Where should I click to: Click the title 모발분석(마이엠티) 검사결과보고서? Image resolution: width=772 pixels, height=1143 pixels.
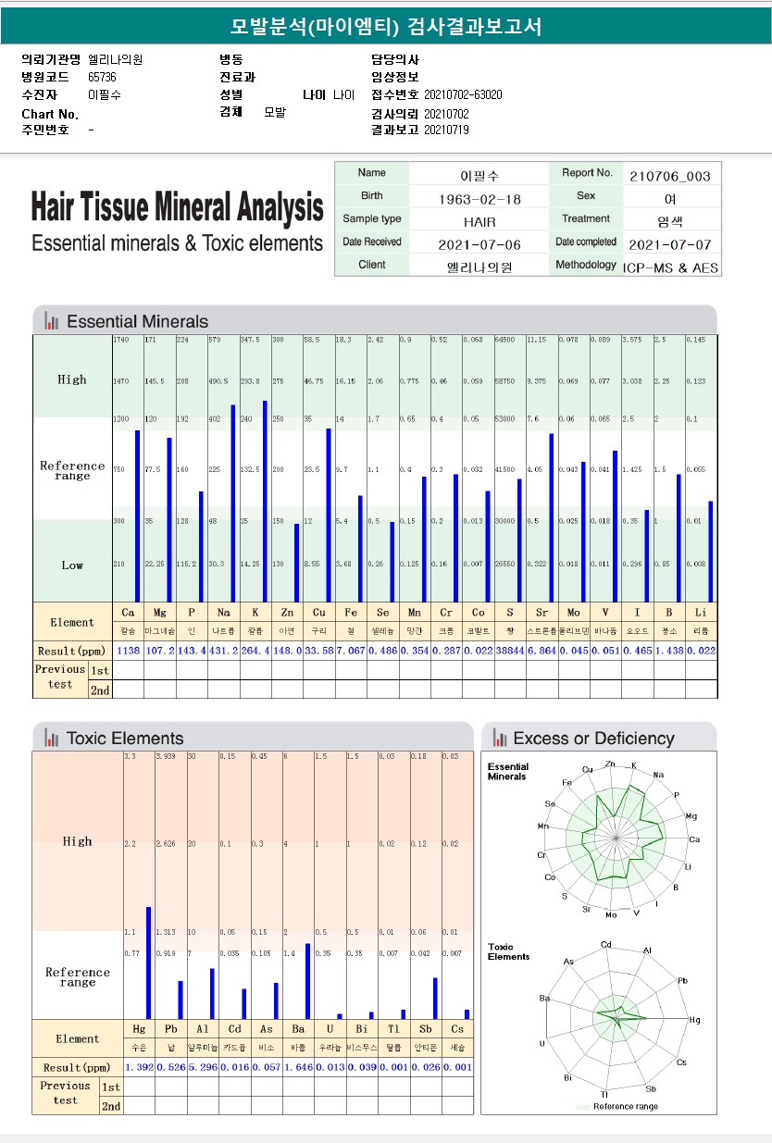[385, 27]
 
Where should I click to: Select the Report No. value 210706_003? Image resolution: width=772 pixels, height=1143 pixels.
[670, 175]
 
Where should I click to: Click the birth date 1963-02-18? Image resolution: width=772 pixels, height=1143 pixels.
[479, 199]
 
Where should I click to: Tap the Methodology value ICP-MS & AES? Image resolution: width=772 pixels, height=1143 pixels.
[670, 267]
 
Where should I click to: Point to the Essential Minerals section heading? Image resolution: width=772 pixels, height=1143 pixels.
[137, 322]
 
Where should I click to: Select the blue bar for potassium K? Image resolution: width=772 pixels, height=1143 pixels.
[266, 501]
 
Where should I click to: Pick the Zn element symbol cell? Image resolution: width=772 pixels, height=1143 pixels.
[286, 613]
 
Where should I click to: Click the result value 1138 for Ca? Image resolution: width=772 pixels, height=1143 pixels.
[128, 651]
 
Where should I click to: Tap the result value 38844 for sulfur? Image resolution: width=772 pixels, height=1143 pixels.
[510, 651]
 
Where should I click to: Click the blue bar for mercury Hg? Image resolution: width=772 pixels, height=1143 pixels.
[148, 963]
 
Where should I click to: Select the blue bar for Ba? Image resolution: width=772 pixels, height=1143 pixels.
[307, 981]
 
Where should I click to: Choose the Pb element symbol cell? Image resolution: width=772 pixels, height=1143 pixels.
[171, 1029]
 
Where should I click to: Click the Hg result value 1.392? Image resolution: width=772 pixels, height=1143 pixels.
[139, 1067]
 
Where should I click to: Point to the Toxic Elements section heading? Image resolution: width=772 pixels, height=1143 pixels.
[125, 739]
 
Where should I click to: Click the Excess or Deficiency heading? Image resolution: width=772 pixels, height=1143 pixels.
[593, 739]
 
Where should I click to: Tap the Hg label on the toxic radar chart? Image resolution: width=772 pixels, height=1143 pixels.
[694, 1019]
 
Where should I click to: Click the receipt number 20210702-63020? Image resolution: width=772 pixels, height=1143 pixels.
[463, 94]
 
